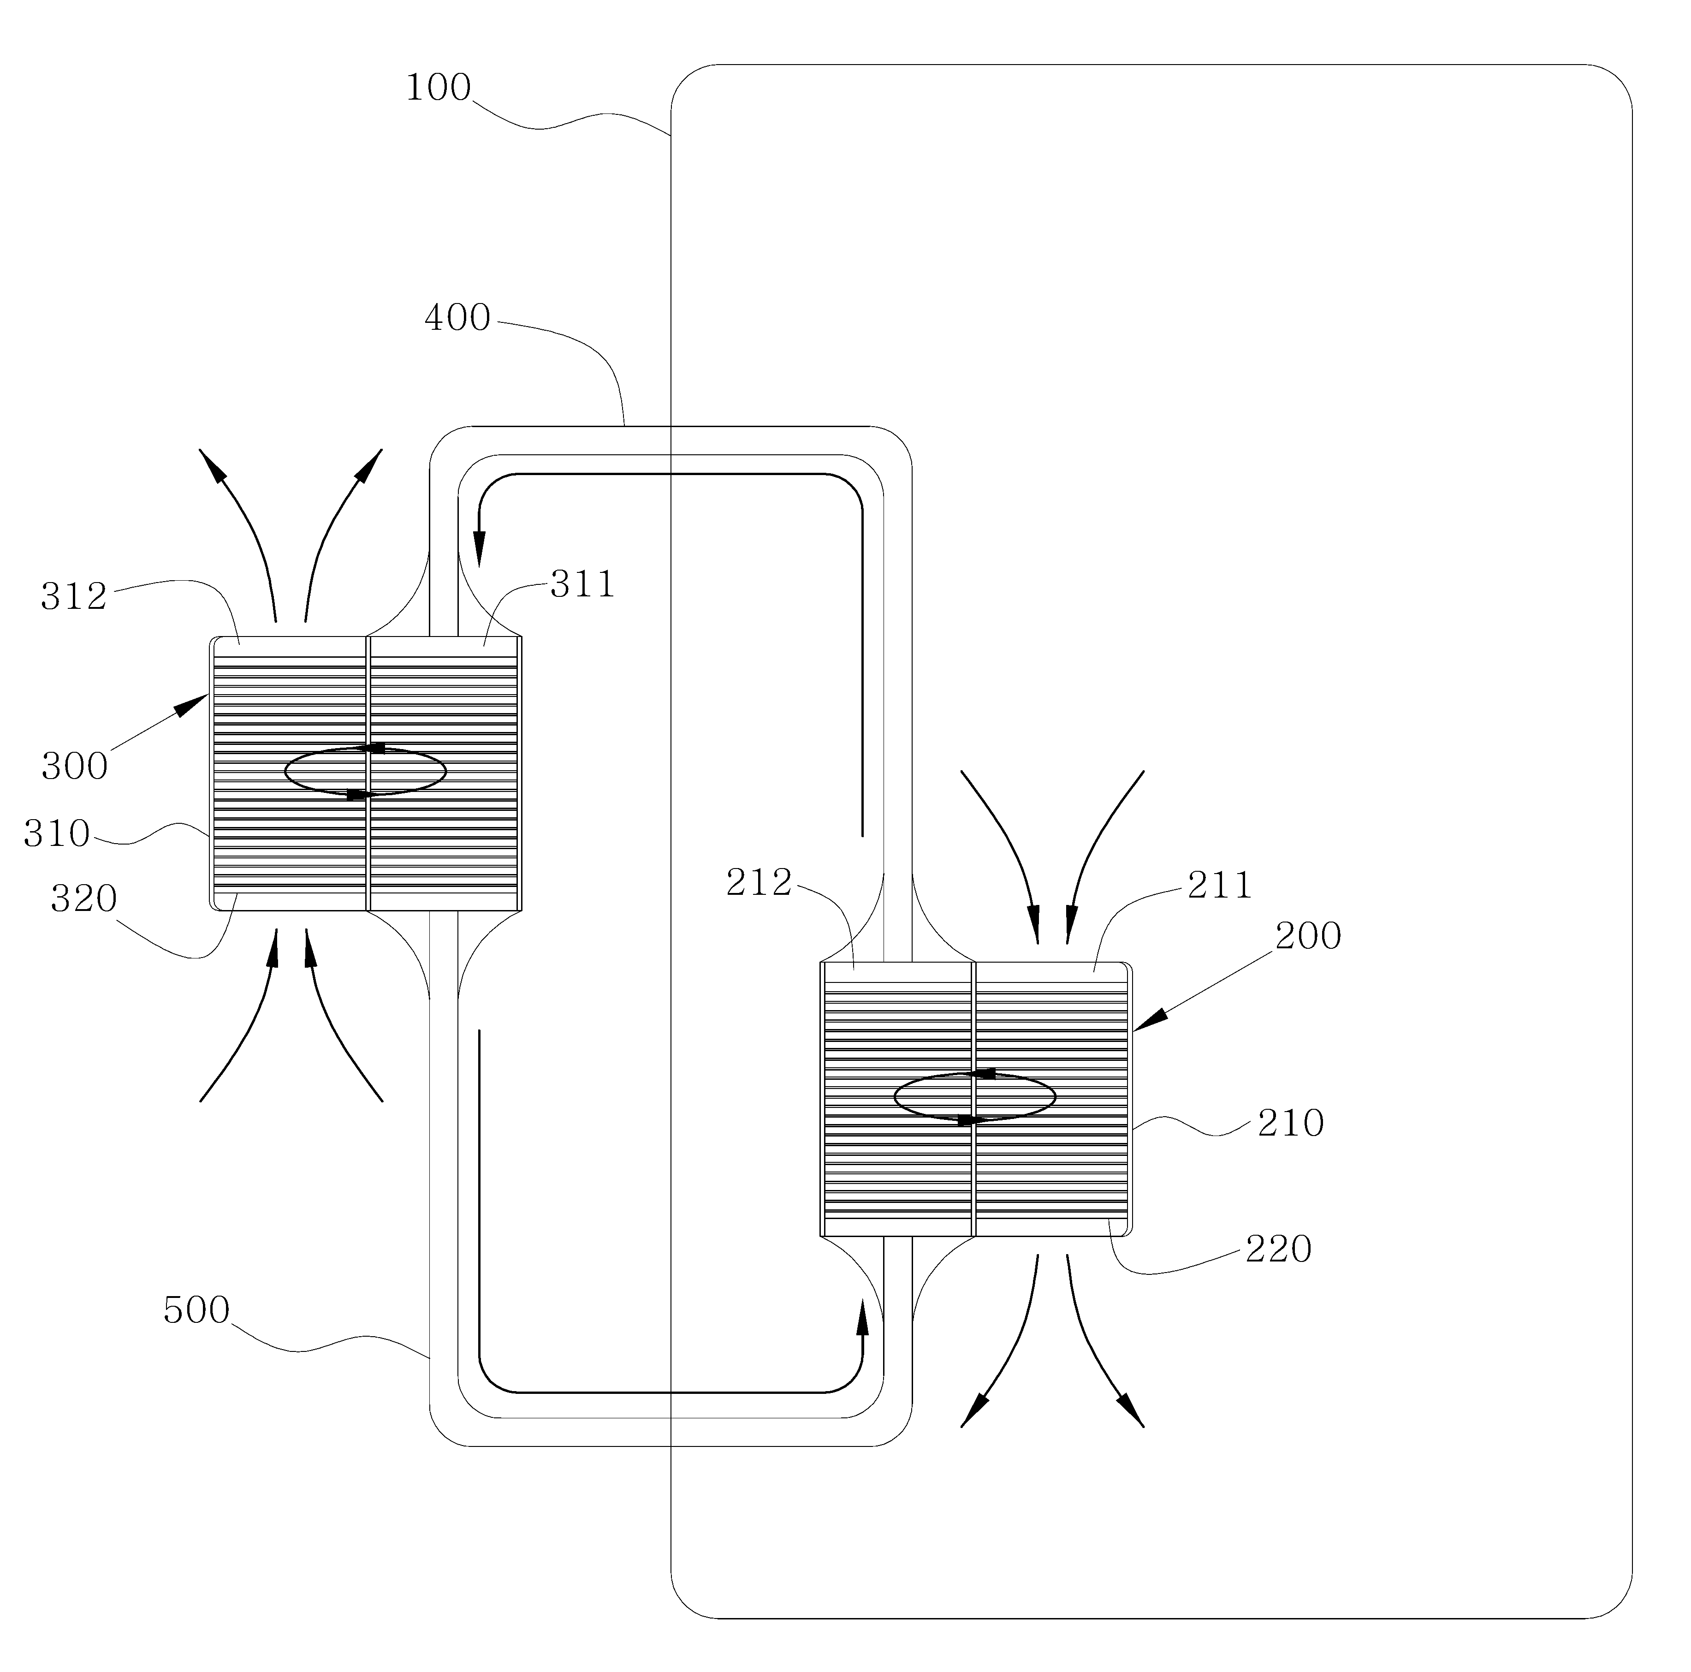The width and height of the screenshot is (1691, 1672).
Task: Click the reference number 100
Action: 439,88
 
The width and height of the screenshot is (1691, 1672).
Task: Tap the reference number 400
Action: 458,318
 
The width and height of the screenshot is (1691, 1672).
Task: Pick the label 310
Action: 57,833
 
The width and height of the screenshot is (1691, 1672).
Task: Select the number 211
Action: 1220,886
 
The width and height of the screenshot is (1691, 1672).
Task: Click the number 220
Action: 1279,1249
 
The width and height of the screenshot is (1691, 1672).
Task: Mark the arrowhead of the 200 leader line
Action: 1150,1019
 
